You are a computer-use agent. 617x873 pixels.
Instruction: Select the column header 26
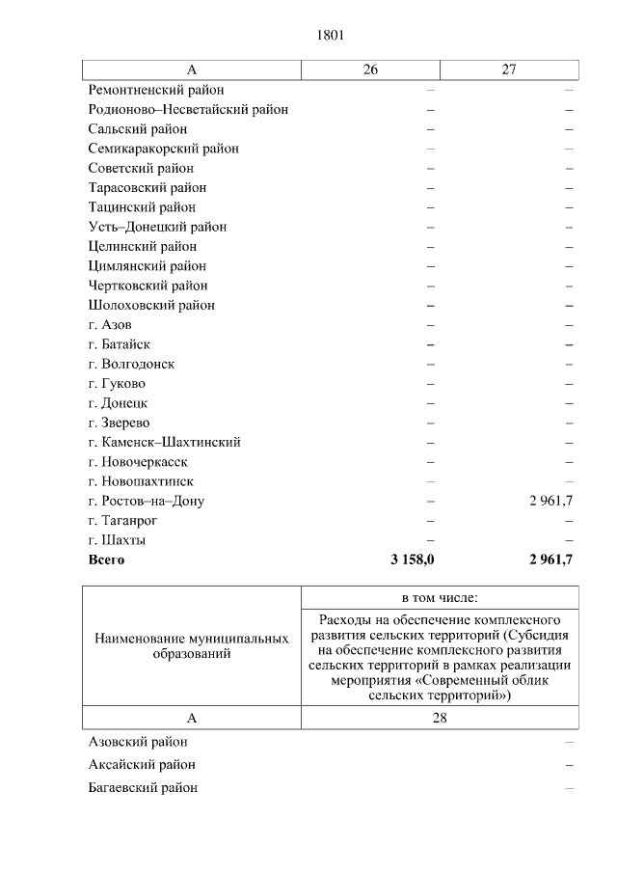(370, 69)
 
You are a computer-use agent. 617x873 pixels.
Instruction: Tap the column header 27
(509, 69)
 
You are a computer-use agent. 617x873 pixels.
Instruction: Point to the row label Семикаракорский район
(163, 149)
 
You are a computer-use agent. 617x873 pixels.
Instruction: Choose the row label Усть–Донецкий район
(157, 227)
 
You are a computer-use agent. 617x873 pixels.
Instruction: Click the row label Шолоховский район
(151, 305)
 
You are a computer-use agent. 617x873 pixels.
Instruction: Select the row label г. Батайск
(119, 344)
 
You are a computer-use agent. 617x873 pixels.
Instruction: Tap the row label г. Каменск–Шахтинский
(164, 442)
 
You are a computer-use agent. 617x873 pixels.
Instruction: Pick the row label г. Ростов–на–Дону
(146, 501)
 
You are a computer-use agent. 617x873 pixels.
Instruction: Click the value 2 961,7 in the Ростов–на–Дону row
(551, 501)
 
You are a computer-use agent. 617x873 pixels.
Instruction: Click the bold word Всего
(106, 559)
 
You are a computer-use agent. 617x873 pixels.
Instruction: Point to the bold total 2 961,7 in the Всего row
(551, 559)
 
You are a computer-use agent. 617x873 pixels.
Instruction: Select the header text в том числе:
(440, 597)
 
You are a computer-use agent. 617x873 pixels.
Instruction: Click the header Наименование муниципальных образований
(191, 646)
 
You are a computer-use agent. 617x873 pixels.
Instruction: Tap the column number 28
(440, 718)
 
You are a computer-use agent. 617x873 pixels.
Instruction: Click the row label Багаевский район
(143, 787)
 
